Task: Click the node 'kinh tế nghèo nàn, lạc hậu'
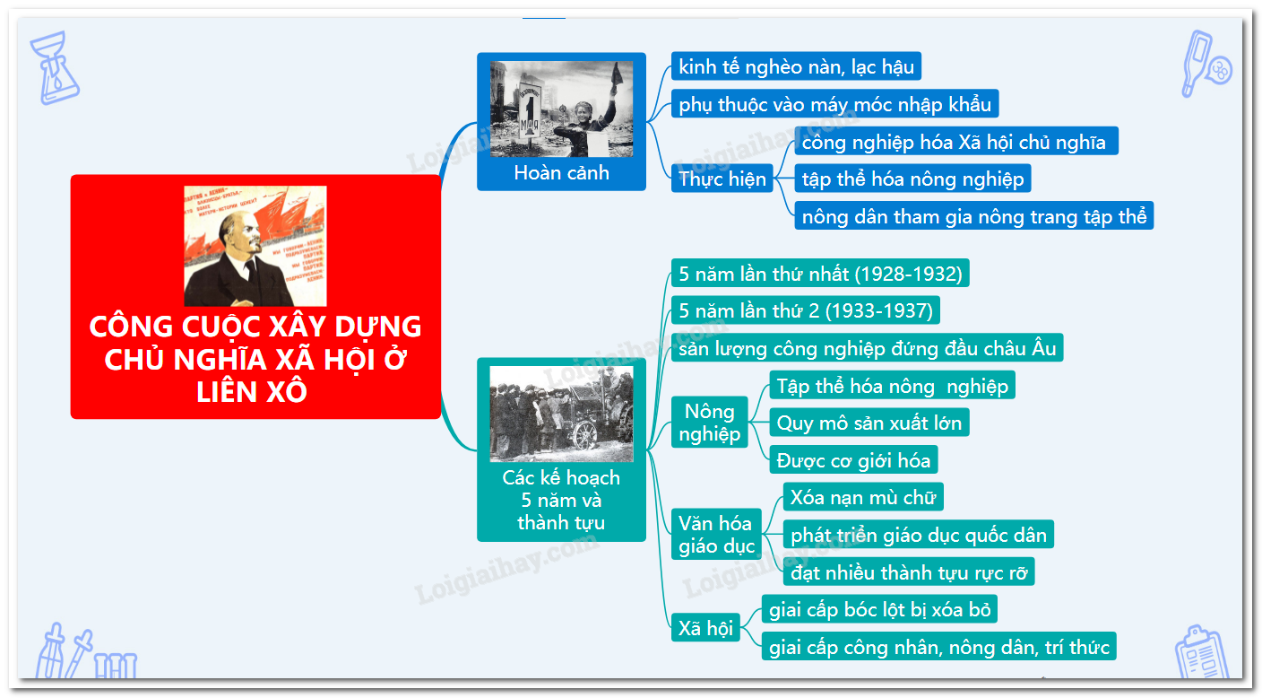coord(796,66)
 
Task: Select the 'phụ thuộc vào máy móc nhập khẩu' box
coord(834,104)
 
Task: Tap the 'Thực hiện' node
coord(722,179)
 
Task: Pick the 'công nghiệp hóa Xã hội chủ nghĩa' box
coord(956,141)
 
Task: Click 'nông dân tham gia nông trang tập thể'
coord(973,215)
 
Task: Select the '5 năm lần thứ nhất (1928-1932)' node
coord(820,273)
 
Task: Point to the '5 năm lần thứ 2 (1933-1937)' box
coord(805,310)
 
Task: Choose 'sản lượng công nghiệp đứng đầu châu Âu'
coord(867,347)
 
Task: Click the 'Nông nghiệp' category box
coord(709,423)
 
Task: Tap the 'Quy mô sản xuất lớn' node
coord(869,423)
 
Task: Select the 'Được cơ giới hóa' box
coord(853,459)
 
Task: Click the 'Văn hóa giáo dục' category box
coord(716,534)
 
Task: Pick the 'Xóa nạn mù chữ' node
coord(863,497)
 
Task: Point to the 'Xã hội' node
coord(704,627)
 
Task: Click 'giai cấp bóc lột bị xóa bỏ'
coord(879,609)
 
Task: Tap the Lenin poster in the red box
coord(255,246)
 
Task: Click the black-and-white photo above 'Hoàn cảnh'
coord(561,109)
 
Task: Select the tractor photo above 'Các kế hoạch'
coord(561,414)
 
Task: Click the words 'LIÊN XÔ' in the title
coord(251,391)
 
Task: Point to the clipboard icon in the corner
coord(1202,652)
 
